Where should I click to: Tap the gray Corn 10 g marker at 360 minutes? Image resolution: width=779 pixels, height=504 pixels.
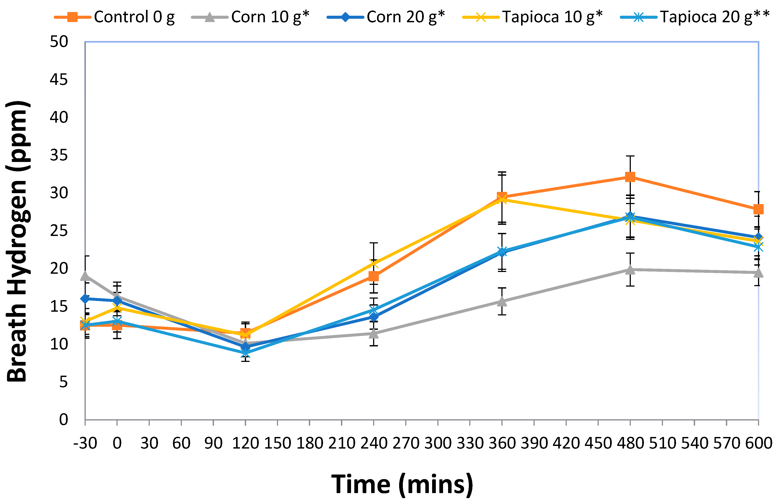[x=502, y=301]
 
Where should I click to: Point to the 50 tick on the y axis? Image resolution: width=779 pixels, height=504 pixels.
[x=59, y=42]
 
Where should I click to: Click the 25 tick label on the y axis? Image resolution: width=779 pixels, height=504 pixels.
[x=59, y=231]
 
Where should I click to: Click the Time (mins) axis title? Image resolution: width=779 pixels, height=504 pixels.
[x=402, y=484]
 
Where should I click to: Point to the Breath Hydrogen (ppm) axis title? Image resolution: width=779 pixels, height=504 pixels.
[x=18, y=241]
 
